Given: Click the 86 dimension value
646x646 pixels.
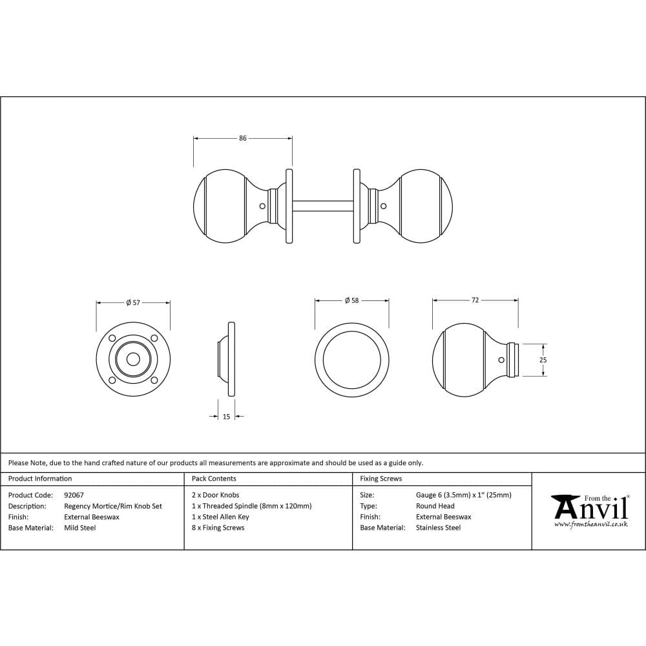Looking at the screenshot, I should [x=243, y=138].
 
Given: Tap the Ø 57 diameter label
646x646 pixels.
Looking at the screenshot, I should [x=133, y=302].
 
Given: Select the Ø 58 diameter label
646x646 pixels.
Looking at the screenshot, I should [x=351, y=300].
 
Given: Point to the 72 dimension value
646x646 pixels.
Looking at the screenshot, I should [x=475, y=300].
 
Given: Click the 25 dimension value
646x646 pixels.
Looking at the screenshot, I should [x=543, y=360].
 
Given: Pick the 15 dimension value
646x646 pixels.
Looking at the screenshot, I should [x=226, y=417].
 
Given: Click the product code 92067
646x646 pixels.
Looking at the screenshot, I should [x=74, y=495].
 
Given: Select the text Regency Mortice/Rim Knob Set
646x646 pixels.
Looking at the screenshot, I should [x=113, y=506].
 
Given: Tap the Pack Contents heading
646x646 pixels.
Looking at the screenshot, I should [x=214, y=479].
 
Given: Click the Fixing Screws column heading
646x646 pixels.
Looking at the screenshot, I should [x=380, y=479].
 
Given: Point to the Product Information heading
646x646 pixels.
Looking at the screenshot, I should [x=40, y=479].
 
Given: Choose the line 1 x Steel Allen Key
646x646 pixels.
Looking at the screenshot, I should [x=220, y=517].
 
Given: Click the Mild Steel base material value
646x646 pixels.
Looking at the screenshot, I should [x=80, y=528].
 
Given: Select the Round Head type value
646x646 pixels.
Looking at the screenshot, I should [x=435, y=506].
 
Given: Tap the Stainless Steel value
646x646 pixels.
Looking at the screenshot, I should [x=438, y=528].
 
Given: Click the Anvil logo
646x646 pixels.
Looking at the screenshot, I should [x=590, y=508].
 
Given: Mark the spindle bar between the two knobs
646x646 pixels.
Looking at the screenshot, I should [x=322, y=206].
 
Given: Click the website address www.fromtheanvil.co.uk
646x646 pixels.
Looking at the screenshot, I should [x=590, y=524].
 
